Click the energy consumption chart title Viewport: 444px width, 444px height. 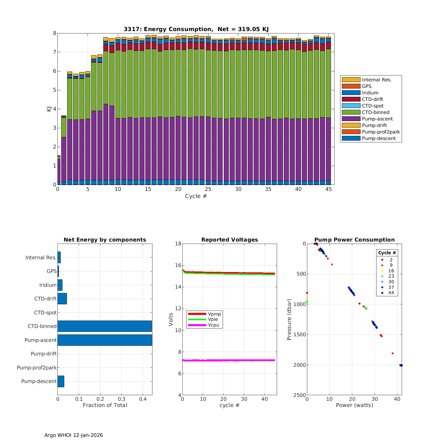pyautogui.click(x=196, y=29)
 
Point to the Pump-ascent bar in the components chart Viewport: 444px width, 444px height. pyautogui.click(x=105, y=340)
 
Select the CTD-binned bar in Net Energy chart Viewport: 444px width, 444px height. pyautogui.click(x=104, y=326)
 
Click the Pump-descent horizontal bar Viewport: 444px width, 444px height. pyautogui.click(x=61, y=381)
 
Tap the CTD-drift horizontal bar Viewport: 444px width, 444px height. pyautogui.click(x=62, y=299)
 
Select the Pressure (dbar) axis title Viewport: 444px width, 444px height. pyautogui.click(x=289, y=319)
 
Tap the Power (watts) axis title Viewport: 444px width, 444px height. pyautogui.click(x=354, y=405)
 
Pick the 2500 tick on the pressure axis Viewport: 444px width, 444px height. pyautogui.click(x=300, y=395)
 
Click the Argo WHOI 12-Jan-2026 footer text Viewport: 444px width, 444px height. pyautogui.click(x=73, y=435)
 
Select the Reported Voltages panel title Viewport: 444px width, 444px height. pyautogui.click(x=229, y=240)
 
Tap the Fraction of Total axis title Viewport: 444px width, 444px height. pyautogui.click(x=105, y=405)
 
